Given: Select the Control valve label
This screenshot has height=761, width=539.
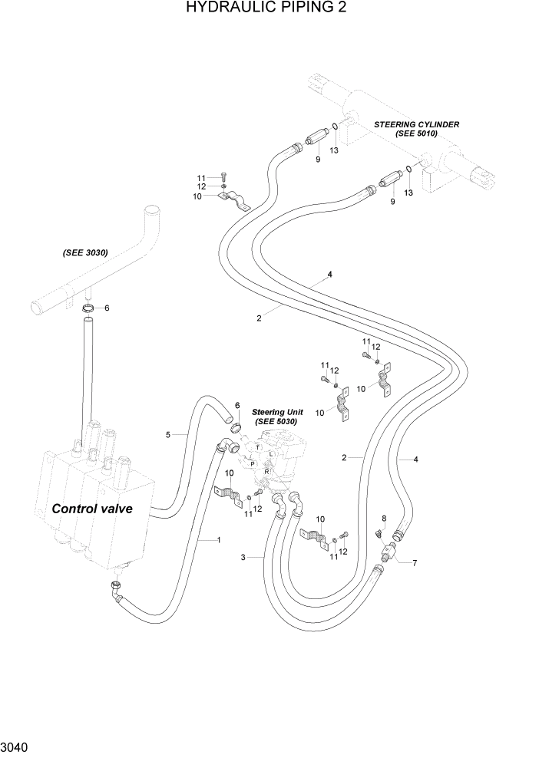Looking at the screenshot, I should [92, 509].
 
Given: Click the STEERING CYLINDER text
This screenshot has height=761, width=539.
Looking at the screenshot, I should [416, 124].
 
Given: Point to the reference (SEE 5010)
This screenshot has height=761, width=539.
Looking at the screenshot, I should [416, 133].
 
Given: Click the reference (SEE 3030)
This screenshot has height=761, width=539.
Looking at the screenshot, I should [85, 252].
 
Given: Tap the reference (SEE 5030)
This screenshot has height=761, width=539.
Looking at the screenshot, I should [276, 422].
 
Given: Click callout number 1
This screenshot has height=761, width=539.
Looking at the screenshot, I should [219, 540].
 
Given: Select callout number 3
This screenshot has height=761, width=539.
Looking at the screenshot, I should [243, 558].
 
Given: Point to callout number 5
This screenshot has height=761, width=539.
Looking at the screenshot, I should [167, 435].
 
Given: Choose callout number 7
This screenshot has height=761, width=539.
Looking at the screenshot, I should [415, 564].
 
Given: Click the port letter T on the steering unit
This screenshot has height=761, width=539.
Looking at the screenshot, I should [257, 447].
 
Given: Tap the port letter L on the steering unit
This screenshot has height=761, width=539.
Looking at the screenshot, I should [272, 455].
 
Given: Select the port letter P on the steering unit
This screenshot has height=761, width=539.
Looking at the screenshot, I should [253, 463].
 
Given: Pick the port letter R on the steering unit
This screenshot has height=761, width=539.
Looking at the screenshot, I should [266, 471].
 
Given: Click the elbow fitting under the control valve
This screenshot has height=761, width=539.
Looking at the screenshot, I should [115, 592].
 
